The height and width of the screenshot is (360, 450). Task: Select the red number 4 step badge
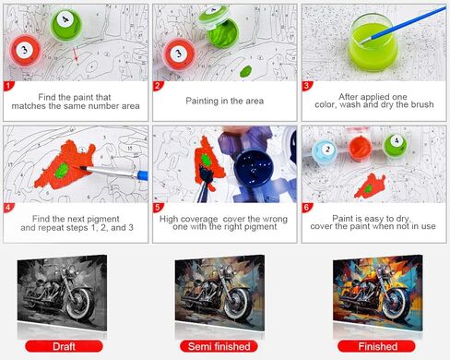8,211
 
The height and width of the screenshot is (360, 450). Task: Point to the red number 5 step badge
159,211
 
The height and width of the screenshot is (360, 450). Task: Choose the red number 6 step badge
308,211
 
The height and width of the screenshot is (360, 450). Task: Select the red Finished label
374,347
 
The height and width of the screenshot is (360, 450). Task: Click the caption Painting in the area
224,96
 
